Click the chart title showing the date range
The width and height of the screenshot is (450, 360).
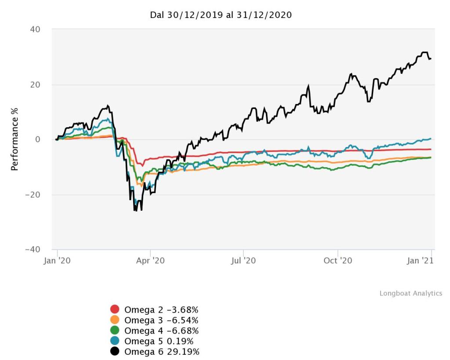click(x=221, y=15)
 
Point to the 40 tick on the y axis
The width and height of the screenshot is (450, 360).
click(x=35, y=29)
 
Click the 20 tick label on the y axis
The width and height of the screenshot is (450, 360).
click(x=35, y=85)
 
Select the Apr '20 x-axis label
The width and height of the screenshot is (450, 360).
click(x=150, y=260)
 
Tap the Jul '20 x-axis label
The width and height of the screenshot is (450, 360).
click(x=243, y=260)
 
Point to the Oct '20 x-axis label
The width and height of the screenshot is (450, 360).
click(x=337, y=260)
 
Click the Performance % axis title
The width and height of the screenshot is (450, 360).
click(x=15, y=140)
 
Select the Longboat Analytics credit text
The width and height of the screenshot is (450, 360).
click(x=411, y=293)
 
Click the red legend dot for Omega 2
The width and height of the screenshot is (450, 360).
click(x=115, y=309)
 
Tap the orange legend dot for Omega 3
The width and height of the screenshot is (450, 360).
click(x=115, y=320)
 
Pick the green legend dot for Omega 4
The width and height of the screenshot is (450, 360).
click(x=115, y=330)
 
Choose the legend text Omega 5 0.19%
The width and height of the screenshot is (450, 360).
click(x=159, y=341)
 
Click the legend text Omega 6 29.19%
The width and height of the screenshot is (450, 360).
click(x=162, y=351)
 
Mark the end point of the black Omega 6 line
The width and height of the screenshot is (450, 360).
click(x=431, y=58)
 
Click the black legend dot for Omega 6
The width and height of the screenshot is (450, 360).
click(x=115, y=351)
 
